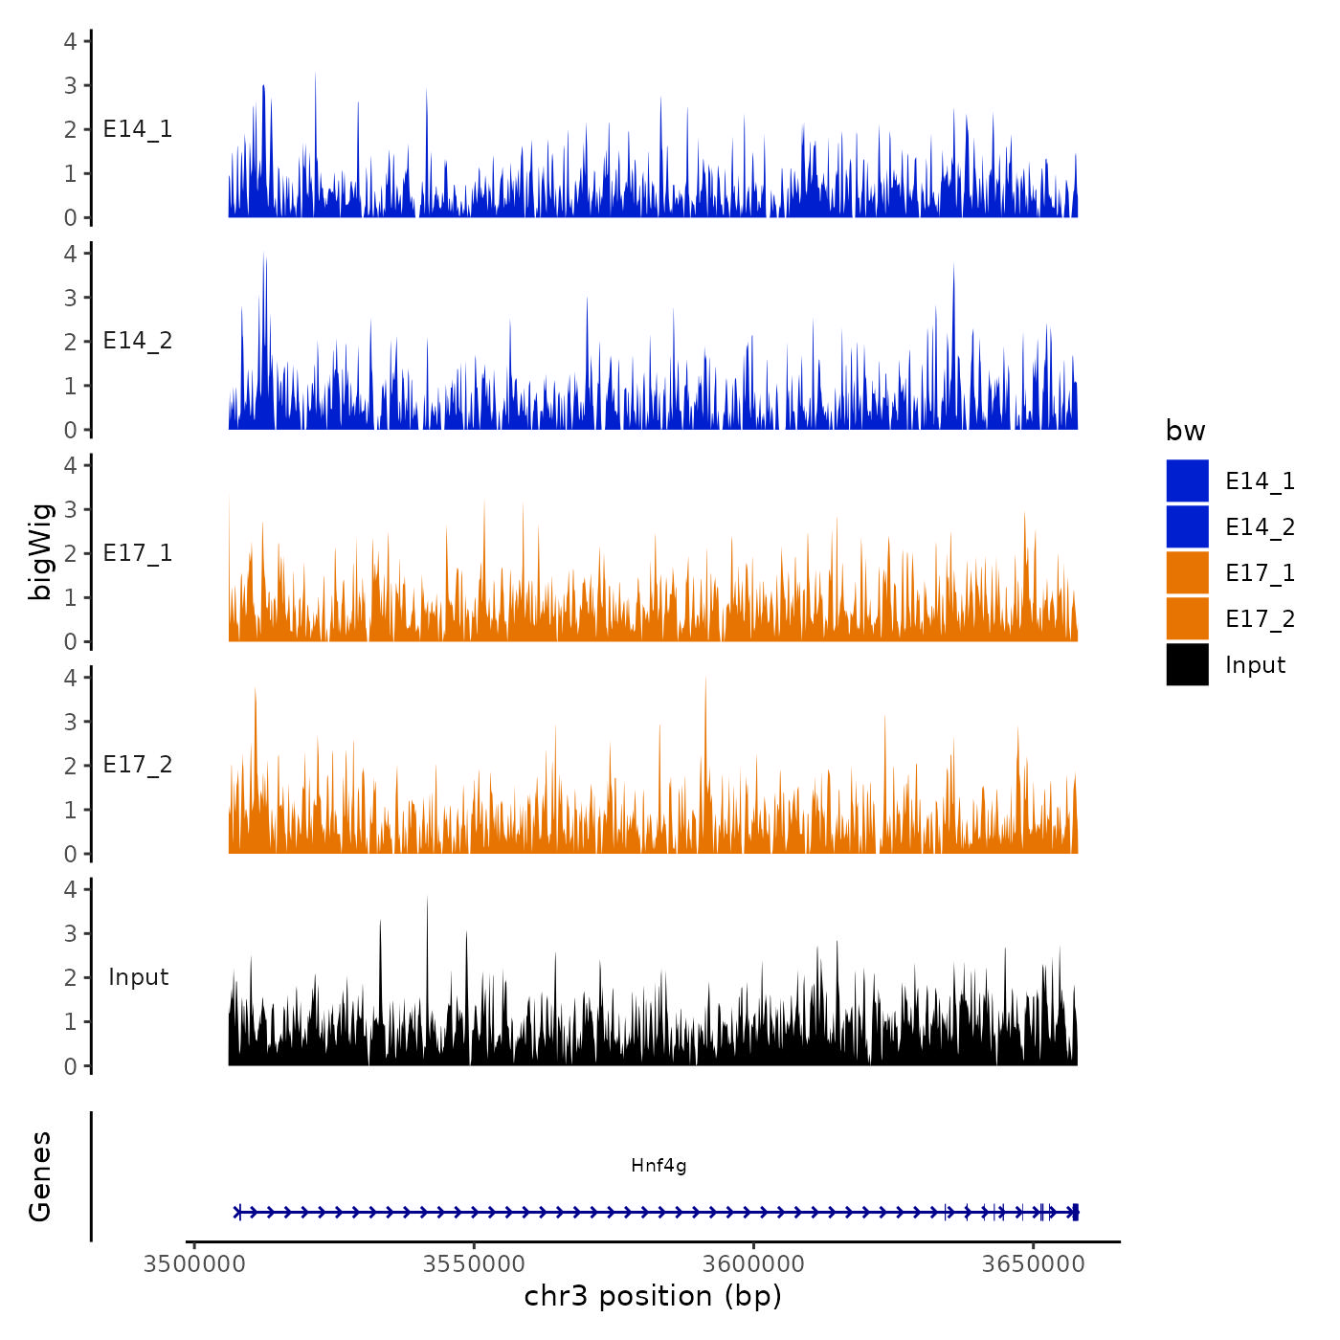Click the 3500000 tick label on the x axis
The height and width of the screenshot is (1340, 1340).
coord(194,1264)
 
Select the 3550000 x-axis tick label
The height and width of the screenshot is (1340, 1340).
coord(474,1264)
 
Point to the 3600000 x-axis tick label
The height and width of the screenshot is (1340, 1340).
coord(754,1264)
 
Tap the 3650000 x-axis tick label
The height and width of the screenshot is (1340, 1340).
coord(1034,1264)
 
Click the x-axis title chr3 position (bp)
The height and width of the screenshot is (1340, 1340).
coord(653,1297)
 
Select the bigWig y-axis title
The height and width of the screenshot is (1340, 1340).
coord(41,552)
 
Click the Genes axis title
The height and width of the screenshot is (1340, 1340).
coord(41,1176)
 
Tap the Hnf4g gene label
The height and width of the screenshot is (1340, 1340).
coord(659,1166)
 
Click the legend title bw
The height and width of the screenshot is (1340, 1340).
coord(1185,432)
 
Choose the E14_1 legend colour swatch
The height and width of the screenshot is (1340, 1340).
coord(1187,480)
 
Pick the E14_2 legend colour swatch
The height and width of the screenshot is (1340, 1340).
coord(1187,526)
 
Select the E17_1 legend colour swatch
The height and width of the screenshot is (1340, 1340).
coord(1187,572)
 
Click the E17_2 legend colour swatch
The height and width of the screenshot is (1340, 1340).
coord(1187,618)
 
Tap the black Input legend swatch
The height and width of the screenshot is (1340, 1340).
coord(1187,664)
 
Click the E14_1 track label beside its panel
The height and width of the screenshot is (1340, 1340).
coord(138,129)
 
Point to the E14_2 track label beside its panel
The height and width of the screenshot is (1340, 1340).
coord(138,341)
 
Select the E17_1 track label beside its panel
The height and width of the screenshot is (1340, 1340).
coord(138,553)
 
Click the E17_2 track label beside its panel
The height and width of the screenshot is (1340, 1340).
coord(138,765)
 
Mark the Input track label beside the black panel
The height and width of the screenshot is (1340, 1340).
coord(138,977)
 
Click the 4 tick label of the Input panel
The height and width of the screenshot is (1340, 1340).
coord(70,889)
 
